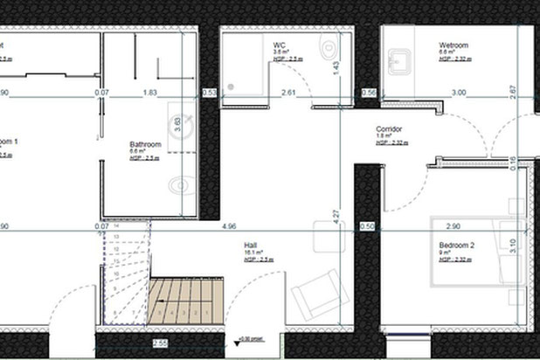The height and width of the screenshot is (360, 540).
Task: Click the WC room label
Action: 280,45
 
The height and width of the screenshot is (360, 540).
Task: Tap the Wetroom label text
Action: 453,45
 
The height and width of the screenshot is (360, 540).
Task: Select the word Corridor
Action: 389,128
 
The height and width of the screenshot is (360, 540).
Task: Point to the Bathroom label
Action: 145,144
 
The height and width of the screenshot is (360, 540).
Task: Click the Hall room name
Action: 252,246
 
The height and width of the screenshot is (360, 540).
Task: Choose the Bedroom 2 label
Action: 456,247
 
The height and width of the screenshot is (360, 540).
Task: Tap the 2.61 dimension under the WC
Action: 289,92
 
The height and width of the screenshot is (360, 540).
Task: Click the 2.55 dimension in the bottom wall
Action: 160,343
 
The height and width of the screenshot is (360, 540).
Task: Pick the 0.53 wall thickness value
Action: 210,92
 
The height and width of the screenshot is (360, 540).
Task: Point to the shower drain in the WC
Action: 232,86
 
